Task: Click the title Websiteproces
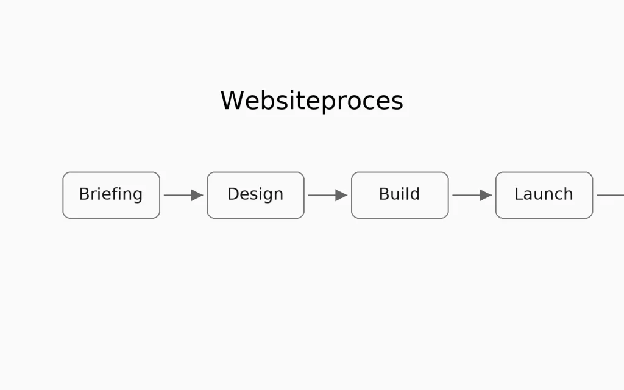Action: [x=311, y=101]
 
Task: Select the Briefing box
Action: [x=111, y=195]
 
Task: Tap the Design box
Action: [x=255, y=195]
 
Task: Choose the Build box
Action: [x=400, y=195]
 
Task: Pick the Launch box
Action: [x=544, y=195]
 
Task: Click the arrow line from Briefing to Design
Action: [x=177, y=195]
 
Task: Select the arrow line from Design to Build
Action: [x=321, y=195]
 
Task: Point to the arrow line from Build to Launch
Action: [x=466, y=195]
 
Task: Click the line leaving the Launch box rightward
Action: [x=611, y=195]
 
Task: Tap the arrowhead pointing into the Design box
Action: [x=197, y=195]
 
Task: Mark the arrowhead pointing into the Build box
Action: [x=341, y=195]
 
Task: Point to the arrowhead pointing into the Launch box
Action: [x=486, y=195]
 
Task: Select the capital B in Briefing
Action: [x=84, y=194]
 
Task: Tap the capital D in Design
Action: [x=232, y=194]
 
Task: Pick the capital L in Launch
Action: [x=518, y=194]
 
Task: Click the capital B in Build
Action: [x=384, y=194]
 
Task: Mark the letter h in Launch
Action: [x=569, y=194]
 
